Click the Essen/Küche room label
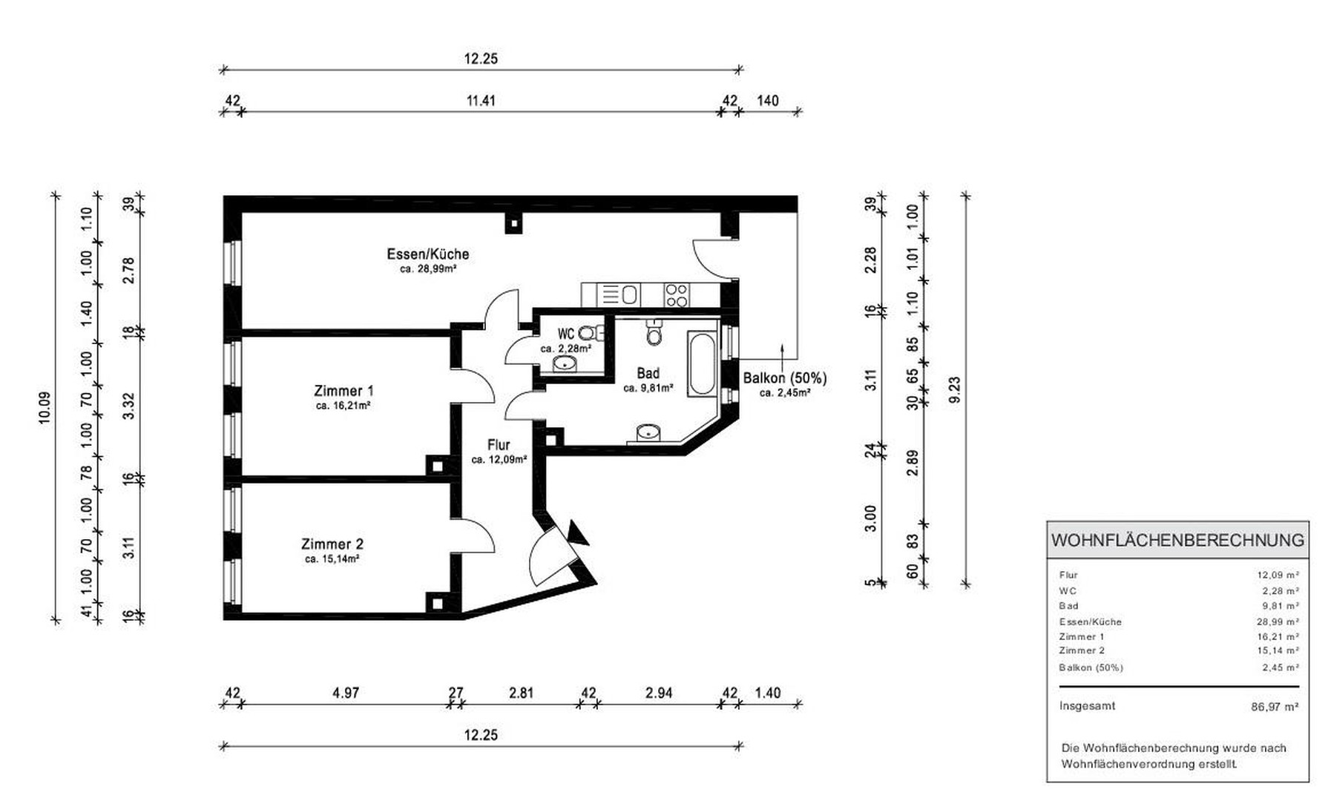pos(427,254)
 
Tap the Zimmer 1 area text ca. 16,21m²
pos(343,406)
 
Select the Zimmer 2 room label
pos(332,544)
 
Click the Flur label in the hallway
pos(499,445)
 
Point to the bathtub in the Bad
pos(703,365)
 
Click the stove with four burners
pos(676,295)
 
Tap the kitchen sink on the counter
pos(629,295)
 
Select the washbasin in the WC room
pos(565,363)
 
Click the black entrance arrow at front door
pos(576,533)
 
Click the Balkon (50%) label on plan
pos(785,378)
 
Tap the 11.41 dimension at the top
pos(480,101)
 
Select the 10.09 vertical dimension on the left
pos(45,407)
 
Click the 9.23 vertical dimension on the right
pos(955,390)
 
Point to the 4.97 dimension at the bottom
pos(346,693)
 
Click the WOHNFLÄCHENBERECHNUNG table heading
pos(1177,540)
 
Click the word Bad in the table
pos(1069,606)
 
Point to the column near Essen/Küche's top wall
pos(513,222)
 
